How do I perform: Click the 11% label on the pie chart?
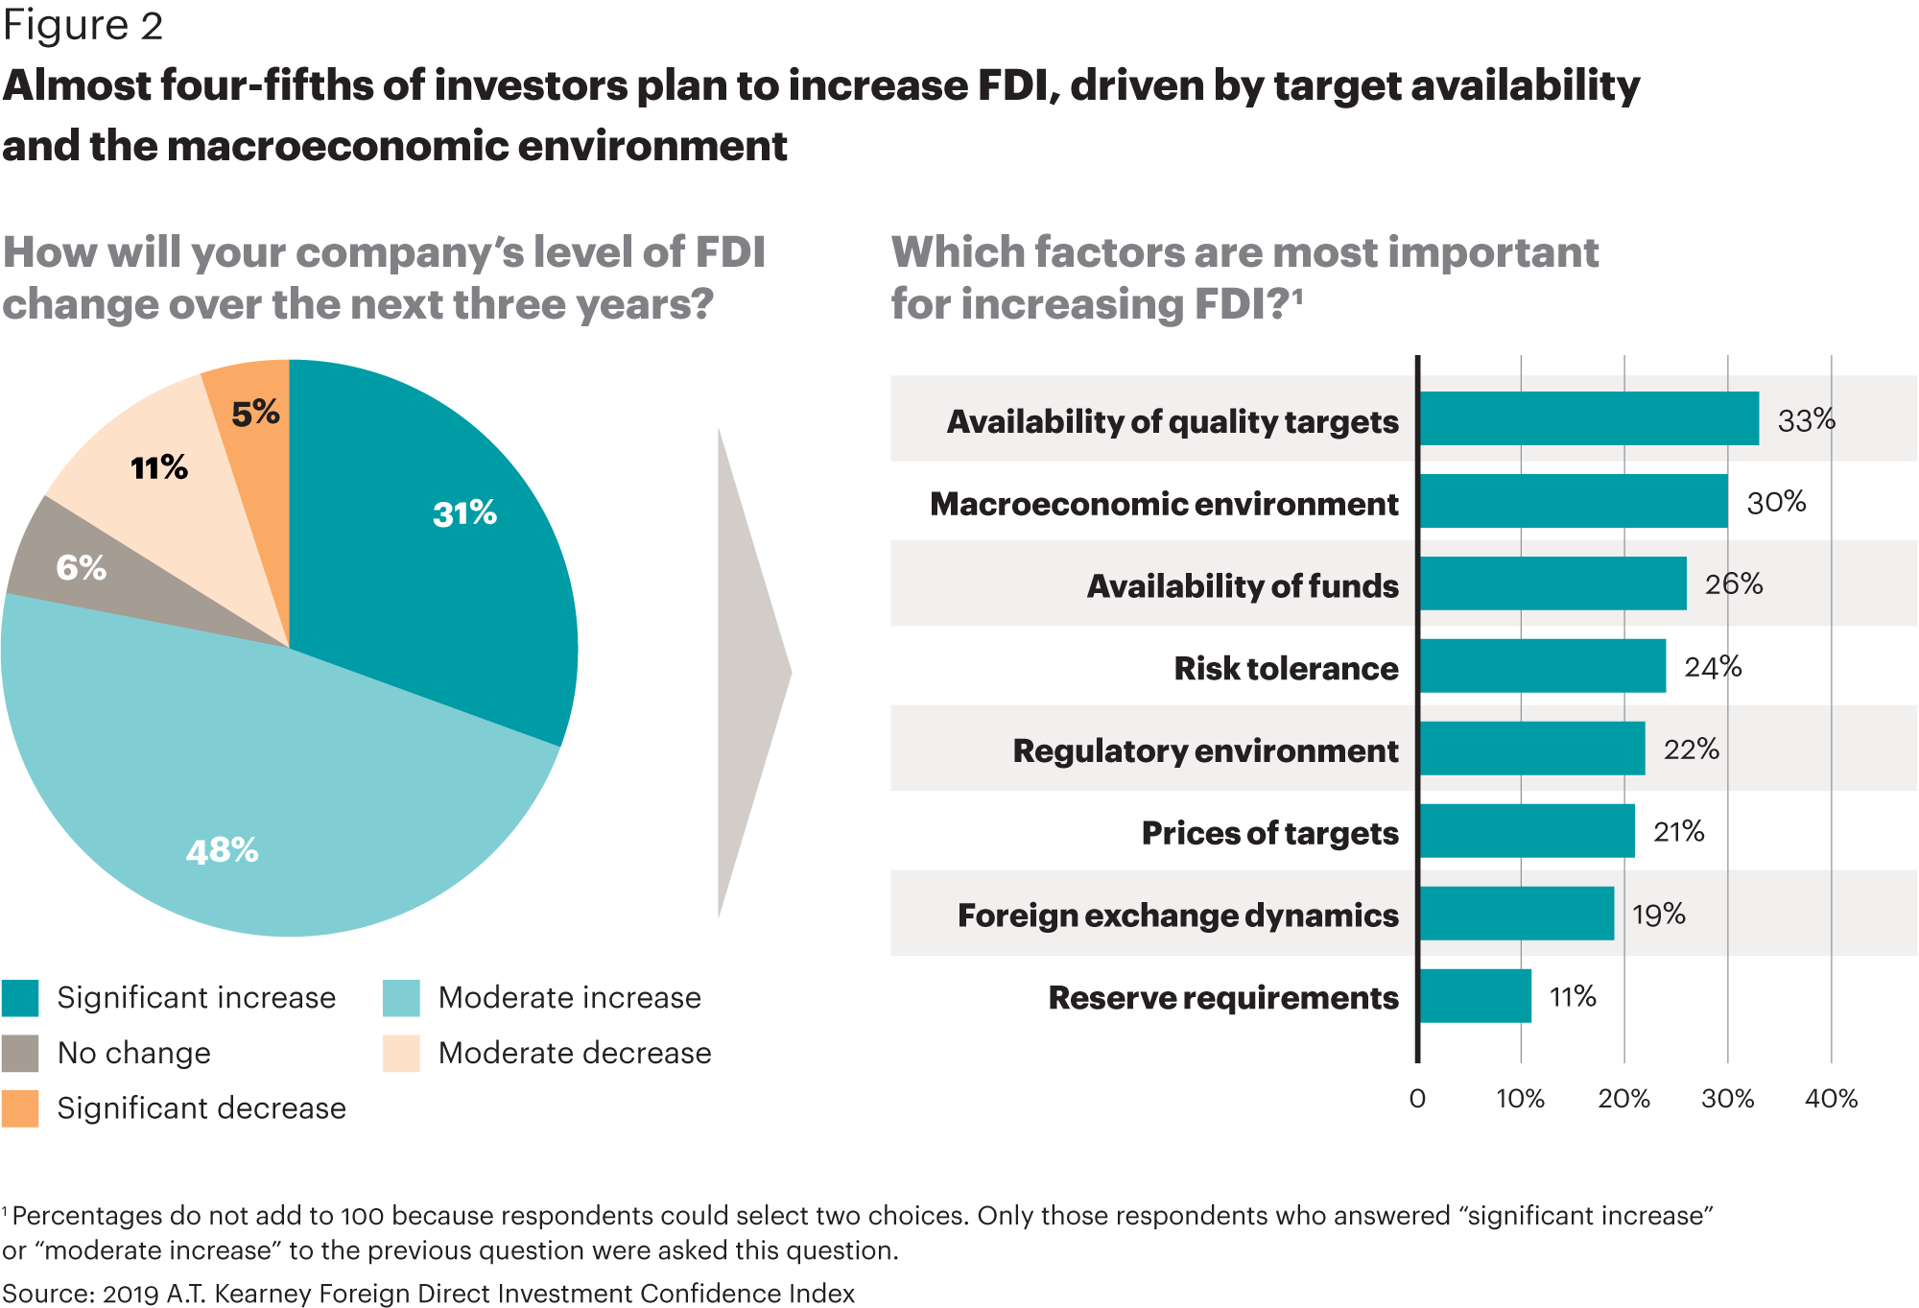pyautogui.click(x=159, y=468)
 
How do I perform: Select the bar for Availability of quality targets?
pyautogui.click(x=1589, y=418)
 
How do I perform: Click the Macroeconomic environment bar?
pyautogui.click(x=1574, y=501)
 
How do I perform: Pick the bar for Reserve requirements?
pyautogui.click(x=1476, y=996)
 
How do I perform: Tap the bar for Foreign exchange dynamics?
pyautogui.click(x=1517, y=914)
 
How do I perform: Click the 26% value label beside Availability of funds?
pyautogui.click(x=1734, y=583)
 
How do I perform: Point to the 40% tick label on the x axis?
pyautogui.click(x=1831, y=1099)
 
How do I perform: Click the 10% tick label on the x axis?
pyautogui.click(x=1520, y=1099)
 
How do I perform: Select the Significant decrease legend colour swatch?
pyautogui.click(x=20, y=1108)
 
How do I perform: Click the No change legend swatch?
pyautogui.click(x=20, y=1053)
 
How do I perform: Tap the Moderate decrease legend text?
pyautogui.click(x=575, y=1053)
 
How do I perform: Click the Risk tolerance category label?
pyautogui.click(x=1286, y=668)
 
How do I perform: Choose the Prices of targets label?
pyautogui.click(x=1269, y=833)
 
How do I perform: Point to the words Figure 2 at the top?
pyautogui.click(x=83, y=26)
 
